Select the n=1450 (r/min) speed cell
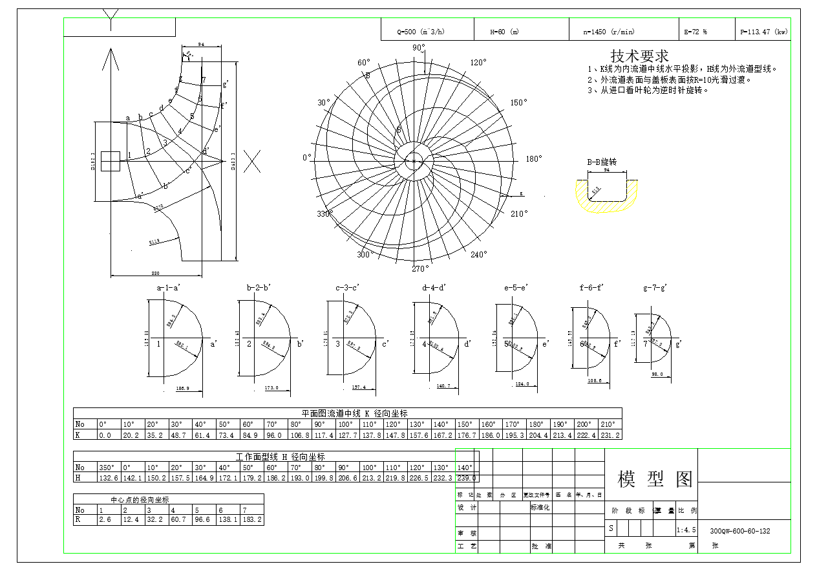(x=608, y=32)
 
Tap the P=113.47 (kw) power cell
(x=763, y=32)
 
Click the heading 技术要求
(x=639, y=56)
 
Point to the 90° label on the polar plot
(x=418, y=48)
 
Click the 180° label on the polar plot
(x=534, y=159)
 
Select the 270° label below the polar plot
(x=420, y=269)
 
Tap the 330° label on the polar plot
(x=324, y=214)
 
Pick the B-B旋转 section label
(x=602, y=162)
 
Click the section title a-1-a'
(x=169, y=288)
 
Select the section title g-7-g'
(x=655, y=288)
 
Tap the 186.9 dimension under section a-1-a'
(x=183, y=389)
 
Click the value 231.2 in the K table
(x=610, y=435)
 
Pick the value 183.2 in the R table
(x=251, y=519)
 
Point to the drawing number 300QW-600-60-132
(x=739, y=531)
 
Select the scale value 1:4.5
(x=685, y=530)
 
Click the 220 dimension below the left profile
(x=154, y=273)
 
